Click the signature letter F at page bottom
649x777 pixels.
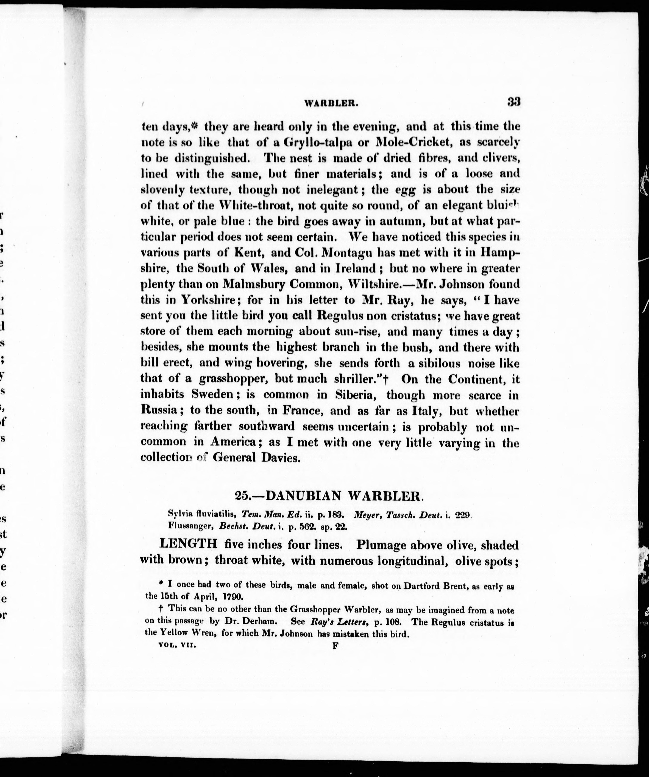tap(335, 646)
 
